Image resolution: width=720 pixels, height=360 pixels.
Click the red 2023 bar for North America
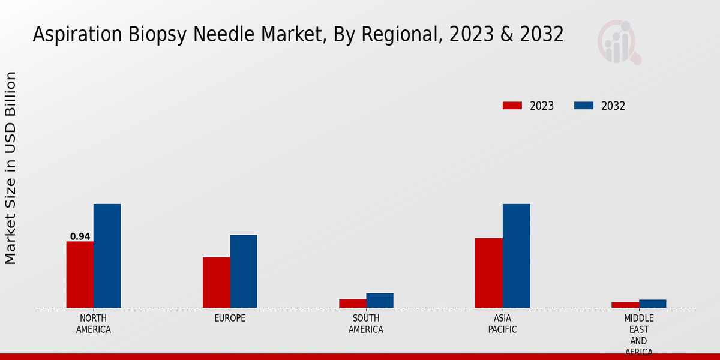pos(80,275)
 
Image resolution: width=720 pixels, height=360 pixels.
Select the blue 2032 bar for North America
pos(107,256)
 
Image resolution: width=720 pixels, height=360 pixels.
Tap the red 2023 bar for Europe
pos(216,283)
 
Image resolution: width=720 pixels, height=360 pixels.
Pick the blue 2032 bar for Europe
pos(243,271)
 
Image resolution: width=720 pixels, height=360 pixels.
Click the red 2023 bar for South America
pos(352,304)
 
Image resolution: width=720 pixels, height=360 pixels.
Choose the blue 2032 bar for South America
pos(380,301)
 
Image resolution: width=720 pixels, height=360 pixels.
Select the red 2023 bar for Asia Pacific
pos(488,273)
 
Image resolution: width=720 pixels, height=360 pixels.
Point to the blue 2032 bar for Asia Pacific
pos(516,256)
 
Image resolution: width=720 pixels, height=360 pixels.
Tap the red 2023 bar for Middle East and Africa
pos(625,305)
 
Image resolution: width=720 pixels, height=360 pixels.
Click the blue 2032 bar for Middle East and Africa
pos(652,304)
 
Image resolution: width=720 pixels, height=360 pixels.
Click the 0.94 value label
pos(80,236)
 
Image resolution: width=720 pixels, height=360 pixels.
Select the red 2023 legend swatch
pos(512,106)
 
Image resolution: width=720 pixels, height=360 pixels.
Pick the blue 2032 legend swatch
pos(583,106)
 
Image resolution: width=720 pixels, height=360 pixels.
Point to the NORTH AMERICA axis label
pos(94,323)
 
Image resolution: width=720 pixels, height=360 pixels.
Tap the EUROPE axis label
pos(230,318)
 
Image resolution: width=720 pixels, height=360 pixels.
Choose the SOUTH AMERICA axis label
pos(366,323)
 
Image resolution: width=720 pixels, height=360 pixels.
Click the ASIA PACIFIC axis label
pos(502,323)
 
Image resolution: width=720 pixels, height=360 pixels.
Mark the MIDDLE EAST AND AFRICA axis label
pos(639,335)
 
